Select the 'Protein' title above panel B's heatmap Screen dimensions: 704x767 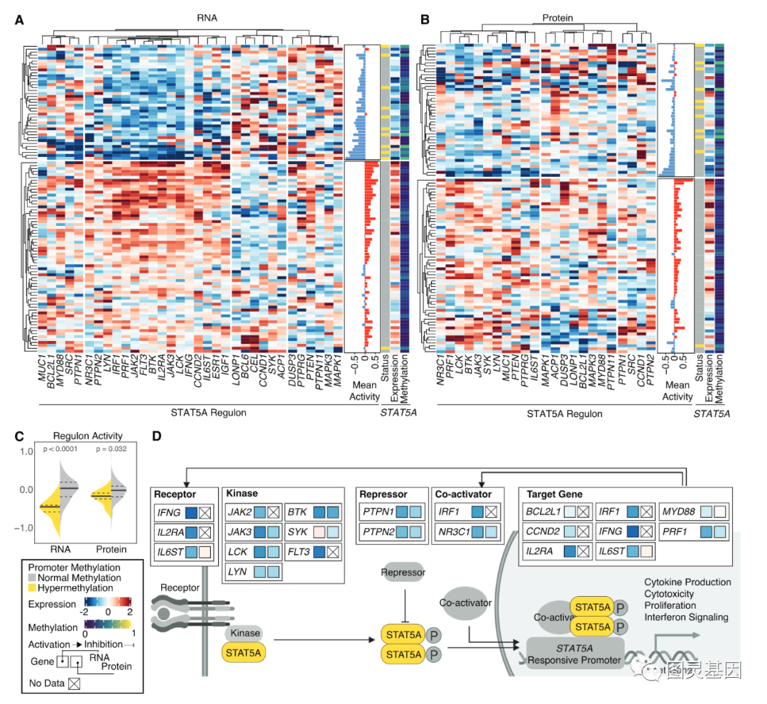point(557,17)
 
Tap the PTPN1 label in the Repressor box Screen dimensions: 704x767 point(377,511)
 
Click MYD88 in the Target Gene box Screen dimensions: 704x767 point(674,511)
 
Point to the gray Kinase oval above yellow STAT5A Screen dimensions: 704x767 point(244,632)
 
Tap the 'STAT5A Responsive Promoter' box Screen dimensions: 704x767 point(575,654)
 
